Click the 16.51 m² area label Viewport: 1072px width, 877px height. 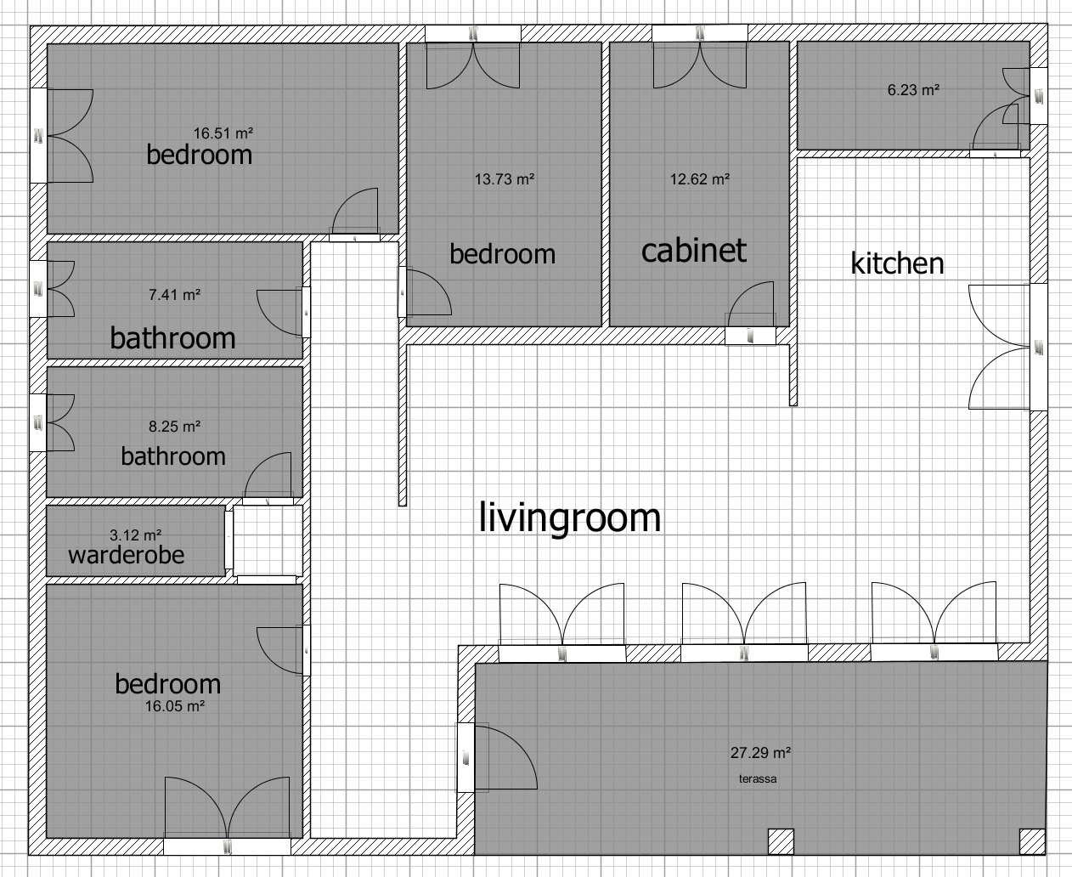[223, 133]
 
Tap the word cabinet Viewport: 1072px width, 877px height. [694, 250]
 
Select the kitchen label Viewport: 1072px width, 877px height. [897, 263]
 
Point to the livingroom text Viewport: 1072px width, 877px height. [570, 518]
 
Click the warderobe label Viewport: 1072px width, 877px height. [126, 555]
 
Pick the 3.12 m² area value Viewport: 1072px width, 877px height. [136, 535]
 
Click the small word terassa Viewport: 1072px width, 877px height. [758, 778]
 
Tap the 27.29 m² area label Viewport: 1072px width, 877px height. [760, 752]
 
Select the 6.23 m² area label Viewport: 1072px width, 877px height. [913, 90]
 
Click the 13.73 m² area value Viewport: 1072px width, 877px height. [505, 179]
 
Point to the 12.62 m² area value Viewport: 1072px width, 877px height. [700, 179]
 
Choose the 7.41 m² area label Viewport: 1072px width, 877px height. [174, 294]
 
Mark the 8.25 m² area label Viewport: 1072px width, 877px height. [174, 426]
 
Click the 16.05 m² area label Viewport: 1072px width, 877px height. [175, 705]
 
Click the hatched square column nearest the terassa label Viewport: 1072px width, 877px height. [781, 841]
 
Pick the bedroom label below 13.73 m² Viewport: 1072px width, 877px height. [502, 254]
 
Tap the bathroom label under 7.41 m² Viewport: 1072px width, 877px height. [172, 338]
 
